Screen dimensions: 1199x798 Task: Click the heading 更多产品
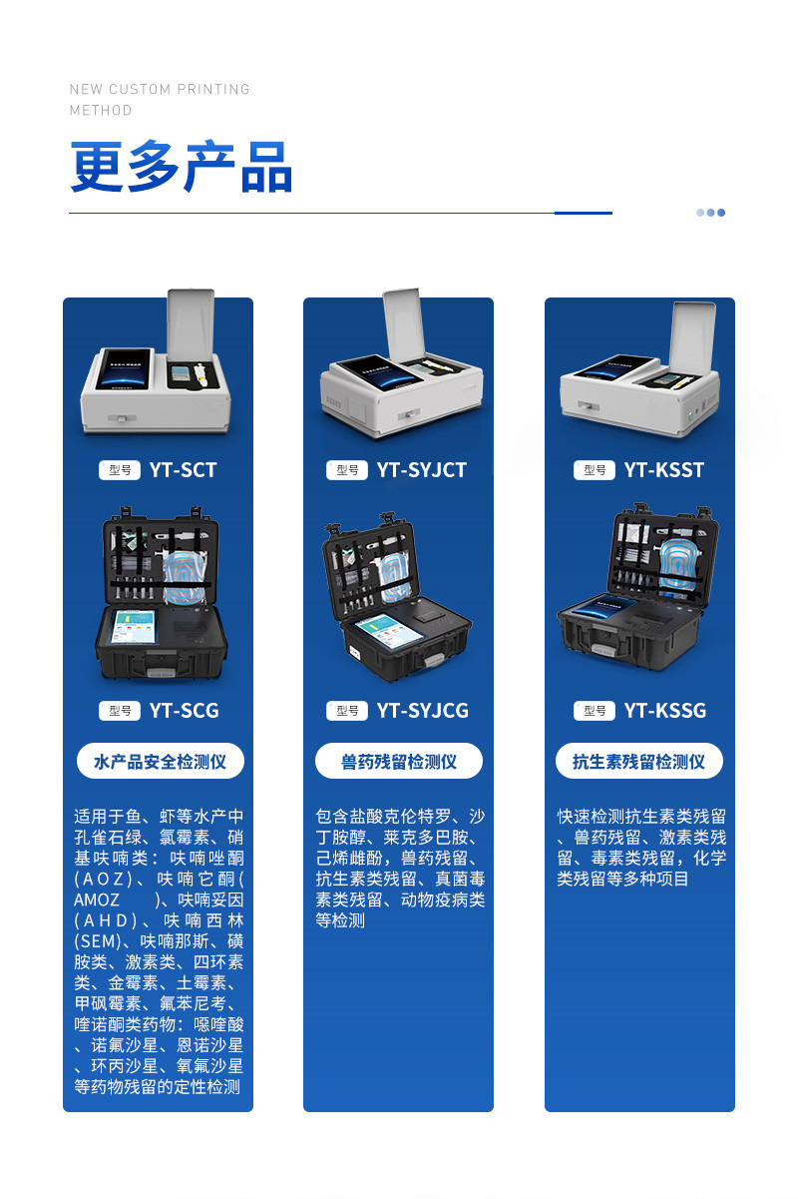[x=181, y=167]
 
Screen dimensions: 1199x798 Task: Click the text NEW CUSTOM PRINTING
[x=160, y=89]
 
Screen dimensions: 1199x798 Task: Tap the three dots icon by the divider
[x=710, y=213]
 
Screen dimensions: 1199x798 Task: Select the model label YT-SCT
[x=183, y=470]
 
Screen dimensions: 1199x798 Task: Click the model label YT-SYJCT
[x=421, y=470]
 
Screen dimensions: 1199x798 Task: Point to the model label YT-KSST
[x=664, y=470]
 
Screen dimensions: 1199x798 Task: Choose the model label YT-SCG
[x=184, y=711]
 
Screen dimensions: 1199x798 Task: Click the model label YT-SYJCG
[x=422, y=711]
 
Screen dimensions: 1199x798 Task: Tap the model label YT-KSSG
[x=665, y=711]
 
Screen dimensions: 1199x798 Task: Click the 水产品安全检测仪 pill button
[x=160, y=762]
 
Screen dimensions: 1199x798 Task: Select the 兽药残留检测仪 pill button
[x=399, y=762]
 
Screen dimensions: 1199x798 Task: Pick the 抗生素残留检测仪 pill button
[x=638, y=762]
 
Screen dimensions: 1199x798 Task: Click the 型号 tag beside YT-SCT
[x=120, y=470]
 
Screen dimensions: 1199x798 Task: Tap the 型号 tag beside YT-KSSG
[x=595, y=711]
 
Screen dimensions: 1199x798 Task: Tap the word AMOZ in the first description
[x=97, y=899]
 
